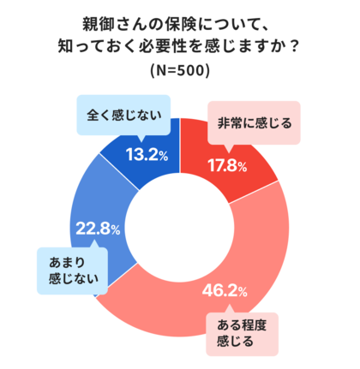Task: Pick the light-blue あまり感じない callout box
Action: click(69, 268)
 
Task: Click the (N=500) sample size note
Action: click(179, 69)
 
